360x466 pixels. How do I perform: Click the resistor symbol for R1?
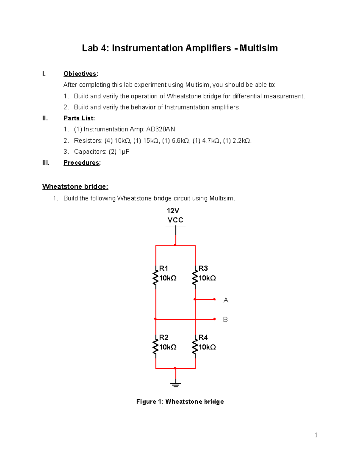click(x=155, y=278)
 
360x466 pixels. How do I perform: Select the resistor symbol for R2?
click(x=155, y=347)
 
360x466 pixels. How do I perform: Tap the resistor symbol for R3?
click(x=195, y=278)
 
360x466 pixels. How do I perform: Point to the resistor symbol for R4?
click(x=195, y=347)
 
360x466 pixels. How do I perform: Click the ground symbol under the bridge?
click(x=175, y=384)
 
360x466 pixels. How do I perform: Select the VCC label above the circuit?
click(x=175, y=220)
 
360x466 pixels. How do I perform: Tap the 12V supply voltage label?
click(x=173, y=211)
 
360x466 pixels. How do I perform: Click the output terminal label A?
click(x=226, y=300)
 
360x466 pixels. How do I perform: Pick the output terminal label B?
click(x=225, y=320)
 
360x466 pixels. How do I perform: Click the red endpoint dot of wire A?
click(x=214, y=299)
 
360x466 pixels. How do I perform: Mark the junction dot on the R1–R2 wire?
click(x=155, y=319)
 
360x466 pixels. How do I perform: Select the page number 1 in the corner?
click(x=316, y=435)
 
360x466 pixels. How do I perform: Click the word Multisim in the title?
click(x=259, y=48)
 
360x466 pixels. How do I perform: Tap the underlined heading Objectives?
click(x=80, y=74)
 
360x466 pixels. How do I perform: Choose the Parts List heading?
click(x=79, y=118)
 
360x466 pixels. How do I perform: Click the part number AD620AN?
click(x=160, y=129)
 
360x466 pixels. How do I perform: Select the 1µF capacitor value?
click(x=124, y=152)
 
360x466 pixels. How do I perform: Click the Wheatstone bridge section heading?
click(x=75, y=187)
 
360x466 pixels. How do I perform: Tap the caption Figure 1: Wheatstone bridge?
click(x=180, y=401)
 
